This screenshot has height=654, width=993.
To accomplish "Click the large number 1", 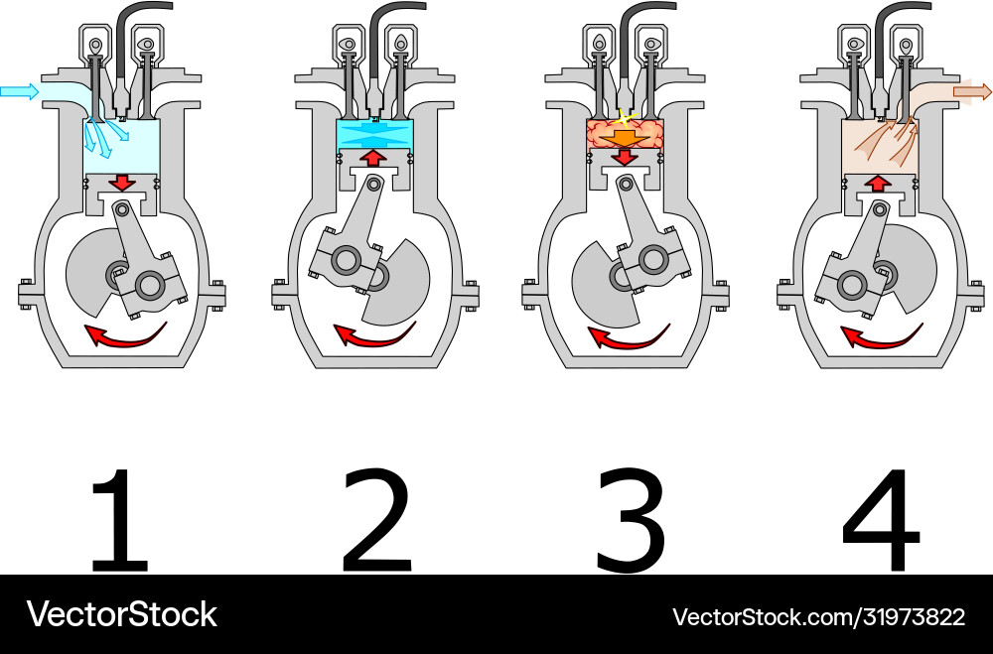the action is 120,519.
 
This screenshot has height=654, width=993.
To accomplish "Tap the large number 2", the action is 376,519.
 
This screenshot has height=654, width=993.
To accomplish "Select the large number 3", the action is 631,520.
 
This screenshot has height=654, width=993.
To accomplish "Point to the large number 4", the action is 881,520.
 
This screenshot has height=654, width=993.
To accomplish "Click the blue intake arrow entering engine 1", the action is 19,92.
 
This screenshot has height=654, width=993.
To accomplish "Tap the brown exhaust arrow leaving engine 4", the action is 973,92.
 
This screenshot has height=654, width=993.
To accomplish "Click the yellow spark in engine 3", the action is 624,119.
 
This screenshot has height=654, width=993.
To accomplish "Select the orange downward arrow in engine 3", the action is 625,137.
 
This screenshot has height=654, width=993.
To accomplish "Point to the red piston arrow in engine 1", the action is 122,183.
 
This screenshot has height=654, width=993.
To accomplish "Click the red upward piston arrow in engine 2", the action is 374,157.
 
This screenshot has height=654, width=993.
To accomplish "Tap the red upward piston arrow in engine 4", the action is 878,184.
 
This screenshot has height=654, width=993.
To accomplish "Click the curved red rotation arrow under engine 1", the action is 125,339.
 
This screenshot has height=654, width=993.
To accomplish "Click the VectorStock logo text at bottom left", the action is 121,614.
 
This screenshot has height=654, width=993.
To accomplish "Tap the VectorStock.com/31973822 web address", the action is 818,616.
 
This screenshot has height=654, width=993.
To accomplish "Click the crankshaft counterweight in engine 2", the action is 398,285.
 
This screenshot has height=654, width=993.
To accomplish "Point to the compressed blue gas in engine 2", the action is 374,134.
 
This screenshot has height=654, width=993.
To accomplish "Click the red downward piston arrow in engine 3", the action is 625,157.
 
